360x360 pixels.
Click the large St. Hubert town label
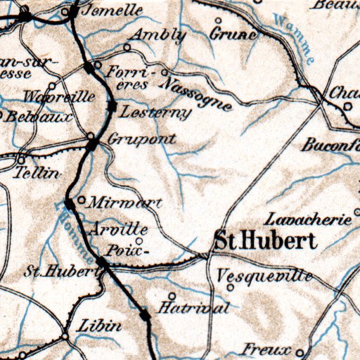(264, 241)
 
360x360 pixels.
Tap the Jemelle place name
(112, 11)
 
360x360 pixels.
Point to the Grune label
(233, 33)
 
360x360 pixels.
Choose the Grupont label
(142, 139)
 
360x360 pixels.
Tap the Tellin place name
(37, 172)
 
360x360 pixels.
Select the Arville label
(120, 229)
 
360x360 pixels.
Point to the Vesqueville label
(265, 276)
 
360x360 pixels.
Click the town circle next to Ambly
(127, 47)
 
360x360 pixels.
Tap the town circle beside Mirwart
(82, 200)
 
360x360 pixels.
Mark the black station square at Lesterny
(112, 105)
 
